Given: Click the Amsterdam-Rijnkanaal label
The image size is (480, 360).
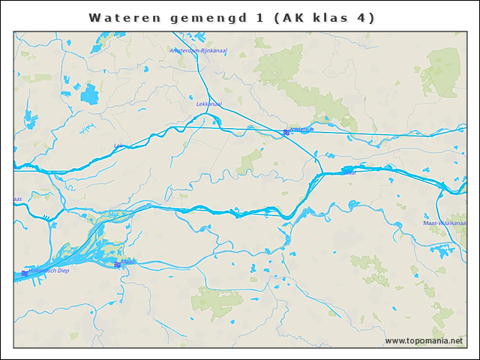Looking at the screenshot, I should point(198,51).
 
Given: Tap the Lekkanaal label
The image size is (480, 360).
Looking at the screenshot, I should point(209,103).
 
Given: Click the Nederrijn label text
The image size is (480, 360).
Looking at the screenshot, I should point(302,130).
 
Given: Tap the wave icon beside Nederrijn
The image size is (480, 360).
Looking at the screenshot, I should point(286,132).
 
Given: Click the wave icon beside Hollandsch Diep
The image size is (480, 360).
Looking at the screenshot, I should point(25,273).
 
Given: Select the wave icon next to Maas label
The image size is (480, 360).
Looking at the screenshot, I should point(117,265).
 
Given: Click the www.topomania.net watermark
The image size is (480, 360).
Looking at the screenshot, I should point(424,340).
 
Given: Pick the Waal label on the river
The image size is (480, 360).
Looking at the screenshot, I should point(349,172).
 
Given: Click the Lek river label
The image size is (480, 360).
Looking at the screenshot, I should point(117,145).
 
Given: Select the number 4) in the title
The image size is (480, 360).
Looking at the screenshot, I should point(365,17).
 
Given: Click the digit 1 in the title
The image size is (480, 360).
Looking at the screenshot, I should point(259,17).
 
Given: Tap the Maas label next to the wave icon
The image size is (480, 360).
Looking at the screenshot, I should point(129,262).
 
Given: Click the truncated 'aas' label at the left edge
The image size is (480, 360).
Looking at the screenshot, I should point(17,199).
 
